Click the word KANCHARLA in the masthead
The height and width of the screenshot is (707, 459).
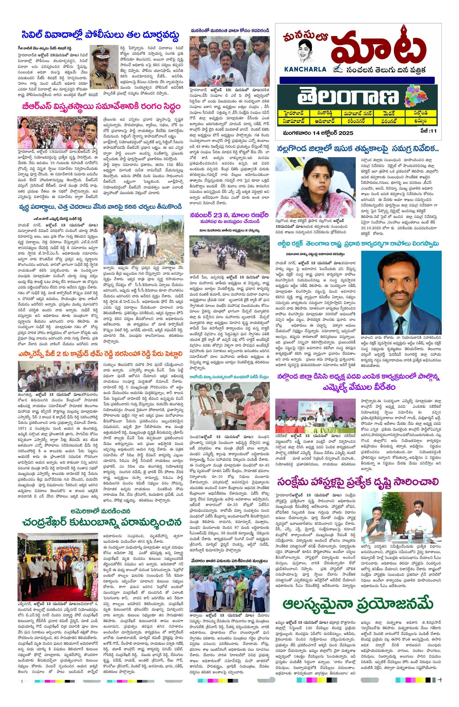305,69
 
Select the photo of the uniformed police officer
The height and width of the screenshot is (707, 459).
104,67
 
